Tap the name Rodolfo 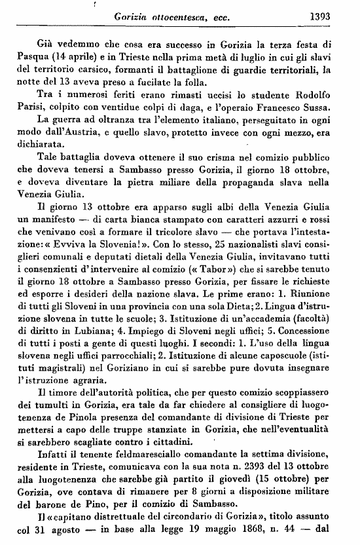[x=314, y=97]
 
